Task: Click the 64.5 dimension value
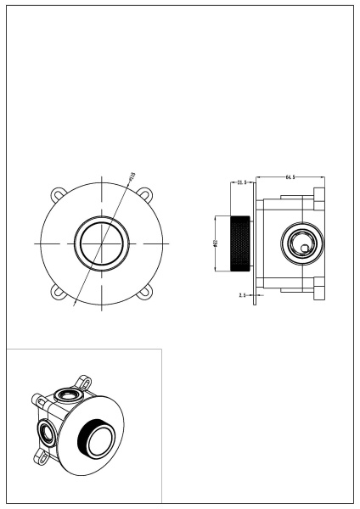[290, 176]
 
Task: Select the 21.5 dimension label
[242, 182]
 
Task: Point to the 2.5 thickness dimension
[243, 295]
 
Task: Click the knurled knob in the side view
[241, 244]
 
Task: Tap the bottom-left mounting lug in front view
[59, 292]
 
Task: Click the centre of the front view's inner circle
[103, 243]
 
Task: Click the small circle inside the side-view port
[305, 249]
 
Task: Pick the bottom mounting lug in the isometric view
[41, 458]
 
